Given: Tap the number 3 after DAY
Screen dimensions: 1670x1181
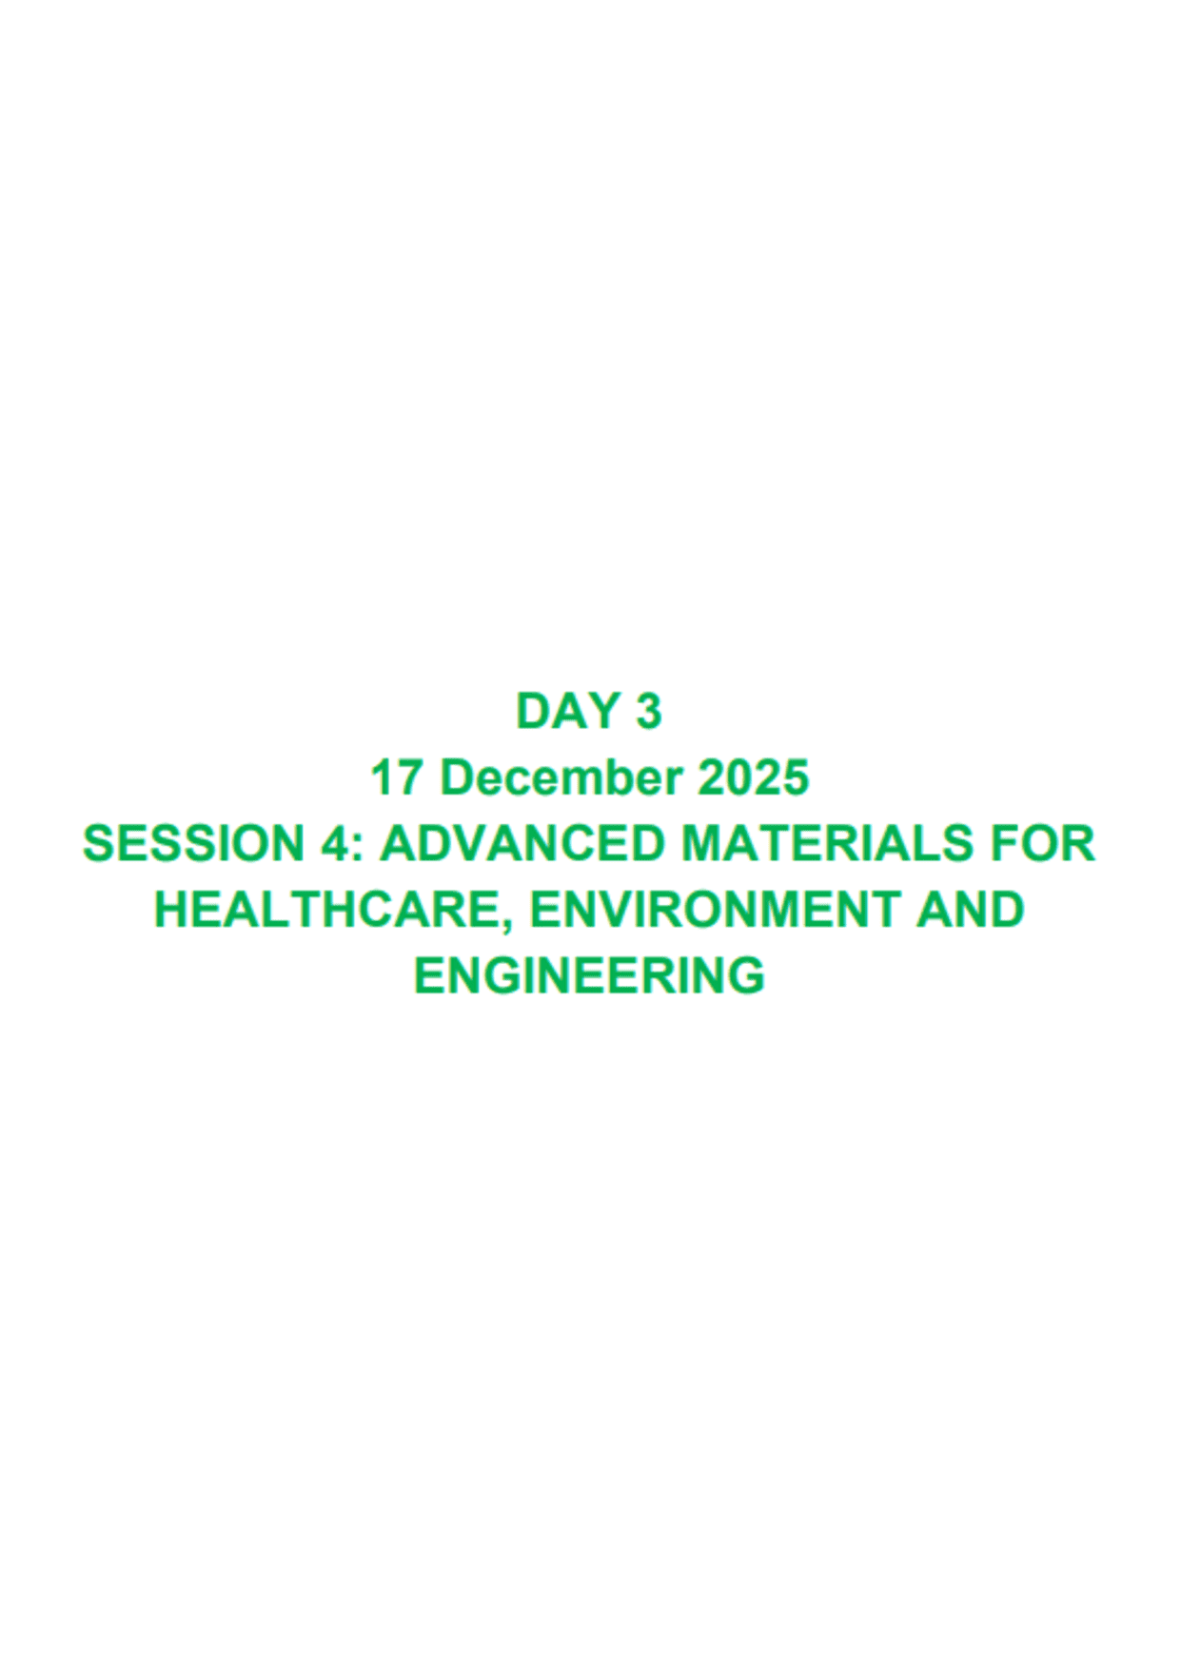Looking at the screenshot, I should point(648,712).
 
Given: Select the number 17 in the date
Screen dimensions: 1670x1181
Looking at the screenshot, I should point(397,778).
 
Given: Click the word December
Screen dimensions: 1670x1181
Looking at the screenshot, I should point(561,778).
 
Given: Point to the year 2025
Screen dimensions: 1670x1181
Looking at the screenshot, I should point(753,778).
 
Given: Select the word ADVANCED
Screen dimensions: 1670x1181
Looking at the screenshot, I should point(522,844).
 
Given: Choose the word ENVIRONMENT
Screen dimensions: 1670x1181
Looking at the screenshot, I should point(713,910).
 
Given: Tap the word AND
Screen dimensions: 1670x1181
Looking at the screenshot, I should point(970,910).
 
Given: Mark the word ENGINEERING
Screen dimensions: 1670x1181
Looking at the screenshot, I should point(589,975).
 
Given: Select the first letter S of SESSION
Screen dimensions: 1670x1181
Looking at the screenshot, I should point(99,844).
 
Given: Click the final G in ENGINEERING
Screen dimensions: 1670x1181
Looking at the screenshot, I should point(748,975).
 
